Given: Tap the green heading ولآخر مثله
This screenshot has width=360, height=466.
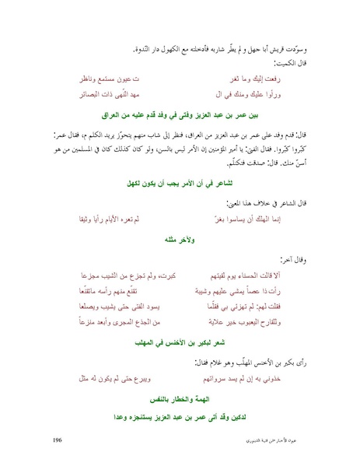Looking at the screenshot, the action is (x=180, y=240).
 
